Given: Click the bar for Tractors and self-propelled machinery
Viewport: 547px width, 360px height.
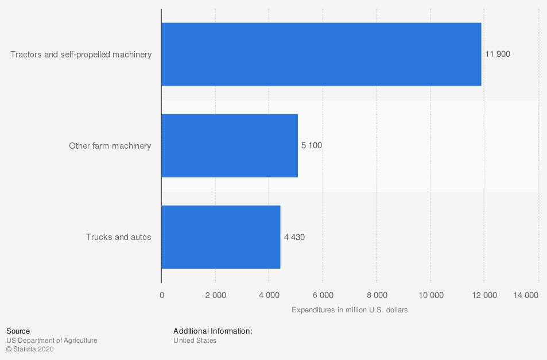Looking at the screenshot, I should [x=321, y=55].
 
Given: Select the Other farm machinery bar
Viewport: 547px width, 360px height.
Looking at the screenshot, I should [x=230, y=146].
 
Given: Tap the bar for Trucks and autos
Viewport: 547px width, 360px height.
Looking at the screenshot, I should [x=221, y=237].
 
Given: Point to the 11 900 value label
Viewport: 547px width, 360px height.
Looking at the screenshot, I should [x=498, y=55].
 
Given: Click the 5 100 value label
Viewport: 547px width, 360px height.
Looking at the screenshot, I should [x=312, y=146].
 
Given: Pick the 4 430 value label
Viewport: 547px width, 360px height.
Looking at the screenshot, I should [x=294, y=237].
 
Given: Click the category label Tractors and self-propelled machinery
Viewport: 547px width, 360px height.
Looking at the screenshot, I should [x=81, y=55].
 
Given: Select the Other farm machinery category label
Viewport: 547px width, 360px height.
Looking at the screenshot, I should [x=110, y=146].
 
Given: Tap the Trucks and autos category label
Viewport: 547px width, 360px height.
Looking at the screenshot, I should [x=119, y=237].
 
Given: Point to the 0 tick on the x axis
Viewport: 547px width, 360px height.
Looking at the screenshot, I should [x=162, y=295].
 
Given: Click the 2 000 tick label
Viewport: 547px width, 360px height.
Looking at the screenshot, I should [x=215, y=295].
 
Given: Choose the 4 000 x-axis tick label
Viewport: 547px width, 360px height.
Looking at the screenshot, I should [x=269, y=295].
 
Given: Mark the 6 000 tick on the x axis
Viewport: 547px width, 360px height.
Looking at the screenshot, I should [x=323, y=295].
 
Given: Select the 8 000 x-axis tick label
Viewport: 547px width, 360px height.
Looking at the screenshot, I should [x=377, y=295].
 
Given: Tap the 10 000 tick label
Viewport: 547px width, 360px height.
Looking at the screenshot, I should [x=431, y=295].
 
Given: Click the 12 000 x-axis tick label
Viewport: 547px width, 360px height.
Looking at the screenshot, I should [x=484, y=295].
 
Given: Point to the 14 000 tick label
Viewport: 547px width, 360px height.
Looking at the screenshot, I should [x=525, y=295].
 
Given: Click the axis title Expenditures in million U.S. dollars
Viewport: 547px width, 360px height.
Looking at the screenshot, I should [x=350, y=310].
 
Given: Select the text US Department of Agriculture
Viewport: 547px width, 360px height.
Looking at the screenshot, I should [x=52, y=340].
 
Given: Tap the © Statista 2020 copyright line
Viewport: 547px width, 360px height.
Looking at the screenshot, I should [x=30, y=349].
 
